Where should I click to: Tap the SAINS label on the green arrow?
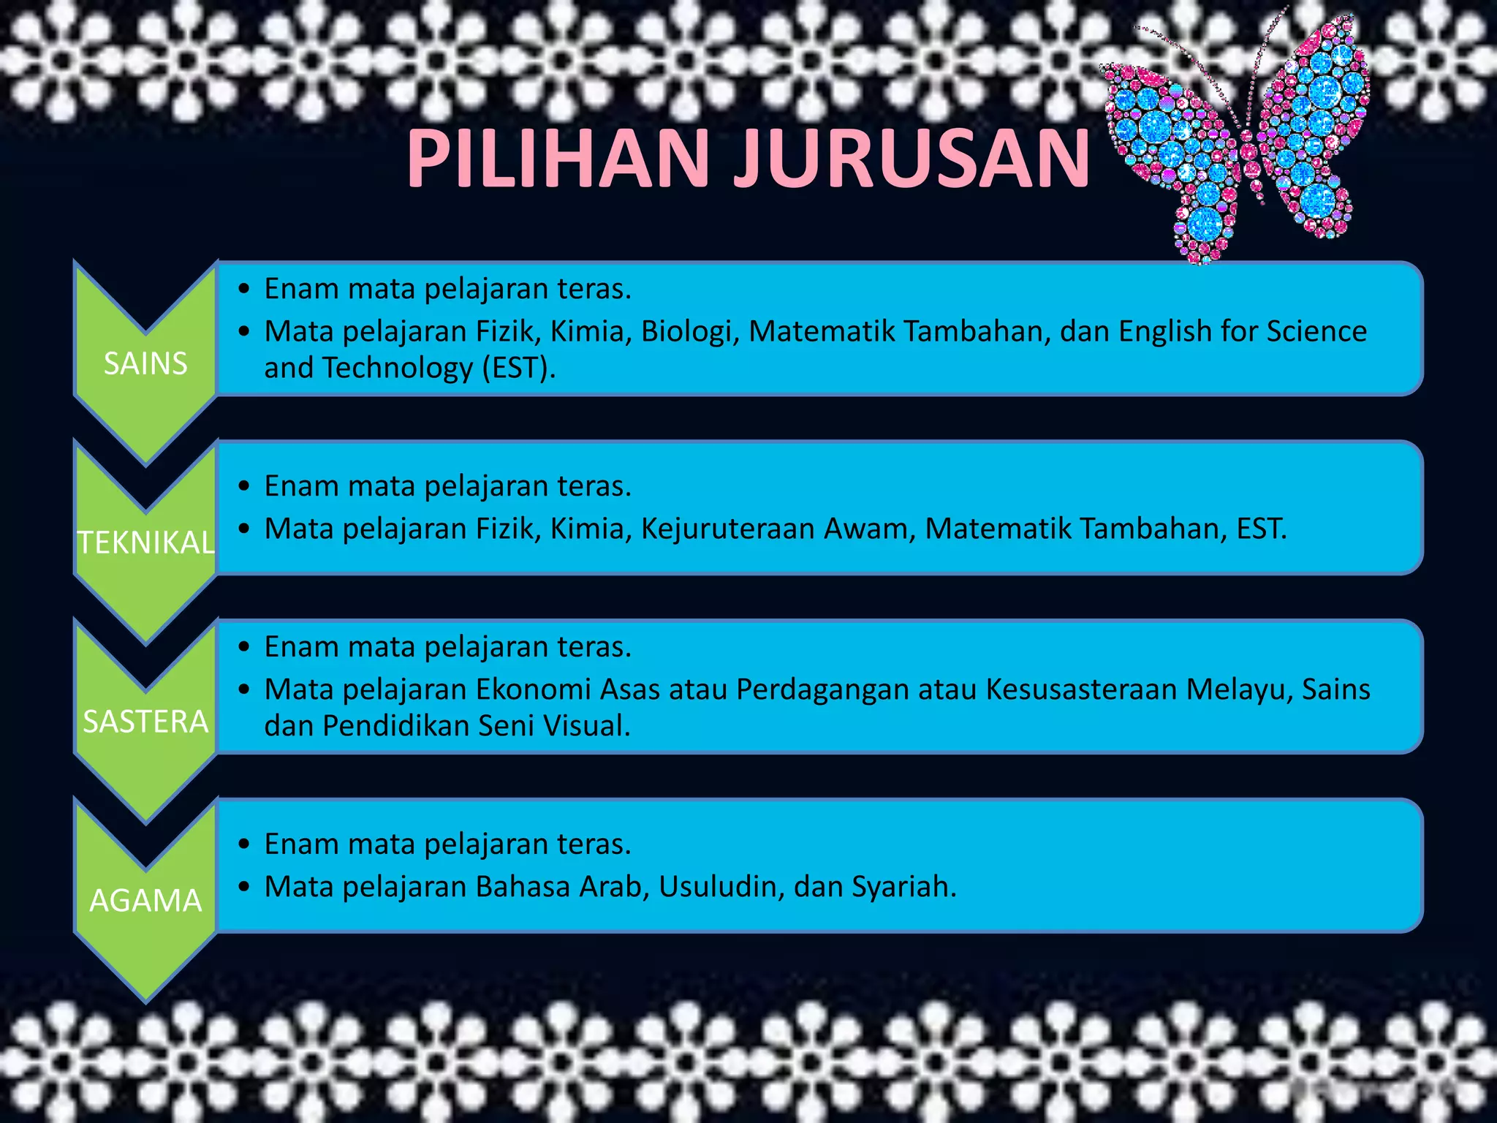click(x=145, y=363)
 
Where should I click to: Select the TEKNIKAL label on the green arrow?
click(x=146, y=542)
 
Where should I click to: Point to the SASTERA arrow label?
click(x=145, y=722)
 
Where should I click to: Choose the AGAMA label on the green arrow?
click(x=145, y=901)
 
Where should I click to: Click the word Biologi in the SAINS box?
click(x=686, y=331)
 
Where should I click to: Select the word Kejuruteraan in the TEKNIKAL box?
click(x=727, y=529)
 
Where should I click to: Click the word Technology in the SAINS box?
click(x=398, y=368)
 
